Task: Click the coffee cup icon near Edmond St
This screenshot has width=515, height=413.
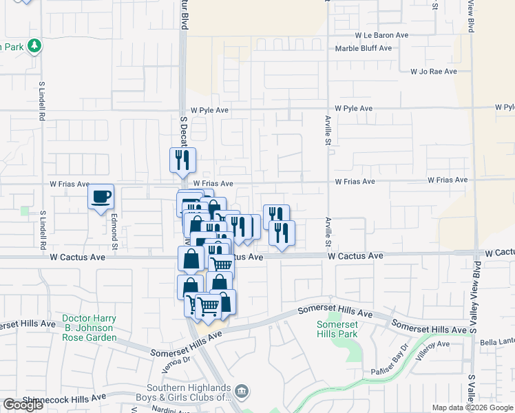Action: coord(101,197)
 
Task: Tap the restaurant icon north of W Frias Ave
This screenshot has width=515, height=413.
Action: coord(182,160)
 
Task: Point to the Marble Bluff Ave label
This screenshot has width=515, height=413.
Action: coord(363,48)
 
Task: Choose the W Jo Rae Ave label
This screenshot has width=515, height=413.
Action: coord(434,71)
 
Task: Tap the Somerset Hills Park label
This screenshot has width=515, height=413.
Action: coord(337,329)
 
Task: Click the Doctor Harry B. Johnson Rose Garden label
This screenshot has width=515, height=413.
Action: coord(90,328)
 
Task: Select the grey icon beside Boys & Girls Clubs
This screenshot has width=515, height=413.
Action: coord(242,392)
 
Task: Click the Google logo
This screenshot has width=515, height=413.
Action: coord(23,405)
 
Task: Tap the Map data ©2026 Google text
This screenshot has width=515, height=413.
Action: coord(472,407)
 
